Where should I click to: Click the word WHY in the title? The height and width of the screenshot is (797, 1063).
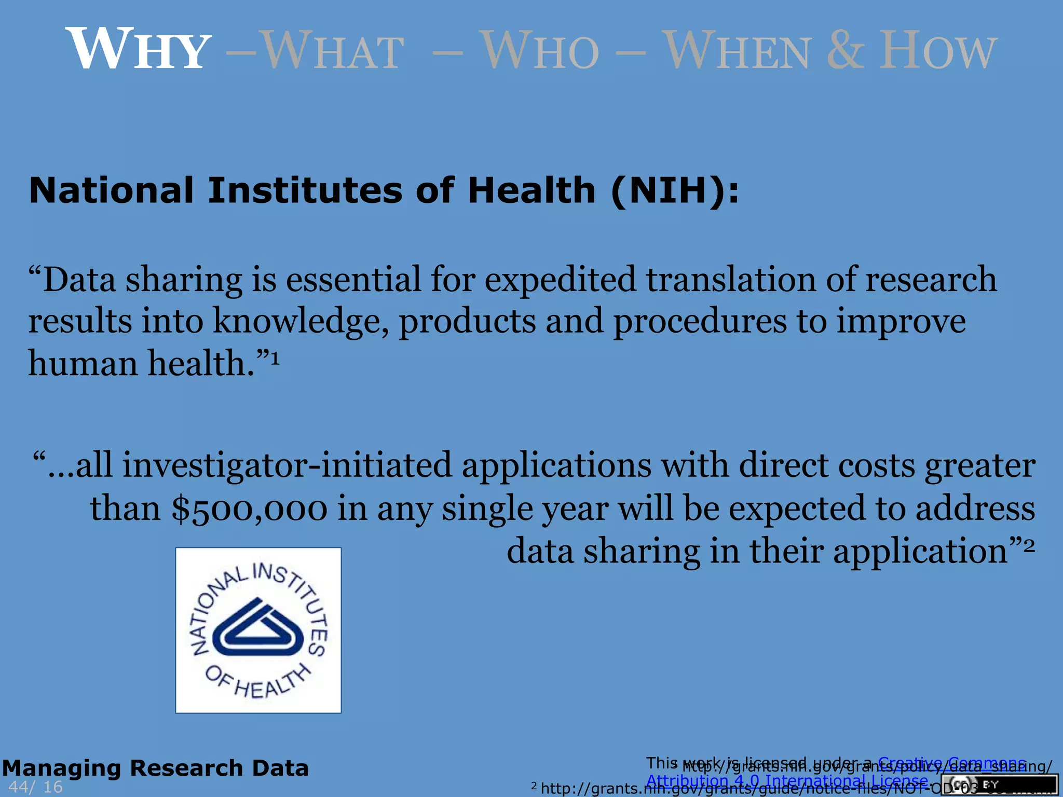tap(138, 49)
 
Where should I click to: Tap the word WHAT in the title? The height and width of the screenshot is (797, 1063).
tap(332, 50)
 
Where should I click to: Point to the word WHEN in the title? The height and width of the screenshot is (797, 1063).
tap(737, 50)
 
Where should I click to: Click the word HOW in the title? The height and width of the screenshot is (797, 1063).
tap(937, 50)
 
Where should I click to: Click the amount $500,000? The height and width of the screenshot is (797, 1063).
tap(249, 509)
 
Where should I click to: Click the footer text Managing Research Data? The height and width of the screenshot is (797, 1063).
tap(155, 768)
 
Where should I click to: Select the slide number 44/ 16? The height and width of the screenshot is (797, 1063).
tap(35, 787)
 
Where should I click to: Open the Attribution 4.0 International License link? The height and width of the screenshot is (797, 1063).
tap(787, 781)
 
